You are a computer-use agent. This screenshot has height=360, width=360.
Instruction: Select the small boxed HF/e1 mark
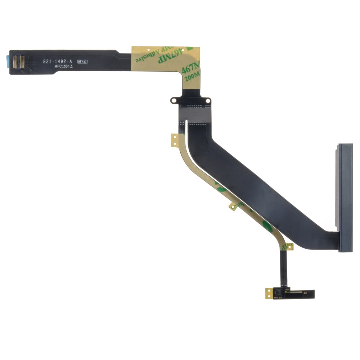click(x=82, y=62)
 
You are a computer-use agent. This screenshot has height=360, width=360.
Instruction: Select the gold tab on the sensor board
click(x=269, y=293)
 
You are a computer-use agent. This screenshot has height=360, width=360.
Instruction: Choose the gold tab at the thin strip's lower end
click(x=288, y=247)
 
